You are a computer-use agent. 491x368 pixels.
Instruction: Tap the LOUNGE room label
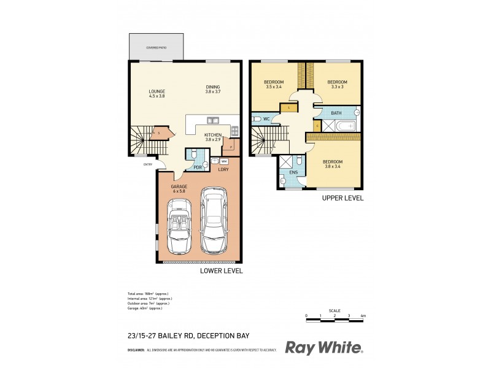pyautogui.click(x=157, y=94)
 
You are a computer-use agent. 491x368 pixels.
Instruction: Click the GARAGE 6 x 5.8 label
pyautogui.click(x=179, y=189)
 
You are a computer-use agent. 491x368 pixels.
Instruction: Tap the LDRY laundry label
pyautogui.click(x=223, y=169)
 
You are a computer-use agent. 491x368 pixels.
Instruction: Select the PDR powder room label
pyautogui.click(x=198, y=167)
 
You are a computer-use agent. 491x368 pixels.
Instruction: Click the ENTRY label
pyautogui.click(x=147, y=164)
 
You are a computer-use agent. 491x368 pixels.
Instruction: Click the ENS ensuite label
pyautogui.click(x=293, y=173)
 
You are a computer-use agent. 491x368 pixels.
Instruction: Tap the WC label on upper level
pyautogui.click(x=267, y=118)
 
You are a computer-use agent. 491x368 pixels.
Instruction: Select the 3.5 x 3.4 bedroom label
pyautogui.click(x=274, y=85)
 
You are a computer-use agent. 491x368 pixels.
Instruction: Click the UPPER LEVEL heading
pyautogui.click(x=343, y=198)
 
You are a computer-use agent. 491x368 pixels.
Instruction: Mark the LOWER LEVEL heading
pyautogui.click(x=222, y=270)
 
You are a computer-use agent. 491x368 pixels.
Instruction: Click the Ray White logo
pyautogui.click(x=324, y=348)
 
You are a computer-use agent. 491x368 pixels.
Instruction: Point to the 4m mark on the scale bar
pyautogui.click(x=363, y=316)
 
